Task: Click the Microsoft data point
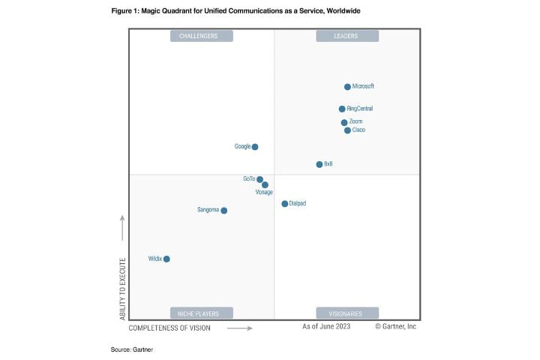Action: pyautogui.click(x=347, y=87)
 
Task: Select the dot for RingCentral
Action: pyautogui.click(x=342, y=109)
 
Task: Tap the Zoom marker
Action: pyautogui.click(x=344, y=122)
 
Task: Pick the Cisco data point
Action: pyautogui.click(x=347, y=130)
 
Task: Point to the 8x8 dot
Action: pyautogui.click(x=319, y=164)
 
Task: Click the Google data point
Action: pyautogui.click(x=255, y=147)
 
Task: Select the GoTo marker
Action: pyautogui.click(x=260, y=179)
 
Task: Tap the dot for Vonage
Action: pyautogui.click(x=265, y=184)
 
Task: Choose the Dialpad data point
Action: pyautogui.click(x=284, y=204)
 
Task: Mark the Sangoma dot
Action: pyautogui.click(x=223, y=211)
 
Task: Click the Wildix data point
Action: pyautogui.click(x=166, y=259)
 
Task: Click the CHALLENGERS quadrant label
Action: pyautogui.click(x=202, y=36)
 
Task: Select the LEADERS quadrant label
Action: pyautogui.click(x=346, y=36)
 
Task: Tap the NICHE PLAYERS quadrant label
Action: pyautogui.click(x=202, y=313)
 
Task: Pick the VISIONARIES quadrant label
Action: pyautogui.click(x=346, y=313)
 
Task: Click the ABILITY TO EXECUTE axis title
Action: pyautogui.click(x=123, y=284)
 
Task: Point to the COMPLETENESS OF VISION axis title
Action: pyautogui.click(x=169, y=328)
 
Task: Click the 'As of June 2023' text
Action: pyautogui.click(x=327, y=327)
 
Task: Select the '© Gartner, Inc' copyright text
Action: pyautogui.click(x=395, y=327)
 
